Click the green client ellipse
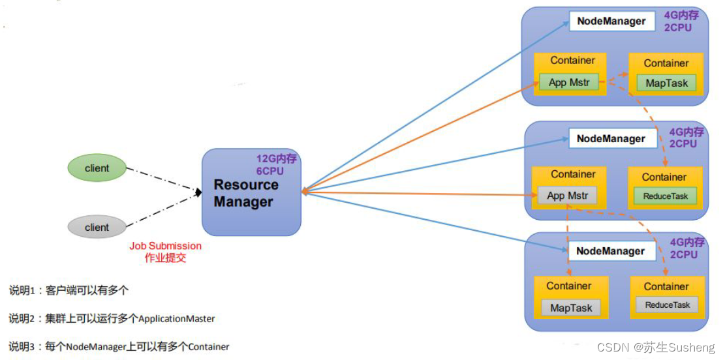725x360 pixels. (x=97, y=168)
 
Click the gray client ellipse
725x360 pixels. (x=97, y=227)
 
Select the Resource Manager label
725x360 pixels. (x=245, y=193)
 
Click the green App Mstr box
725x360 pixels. (x=569, y=83)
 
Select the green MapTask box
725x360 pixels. (x=666, y=83)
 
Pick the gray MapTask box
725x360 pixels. (x=570, y=308)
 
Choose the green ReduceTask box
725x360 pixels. (x=666, y=196)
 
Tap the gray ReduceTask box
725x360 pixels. (x=667, y=305)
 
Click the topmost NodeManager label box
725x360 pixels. (x=611, y=22)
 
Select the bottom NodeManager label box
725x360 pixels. (x=610, y=251)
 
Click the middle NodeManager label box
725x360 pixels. (x=611, y=138)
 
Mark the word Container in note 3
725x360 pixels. (x=209, y=347)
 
